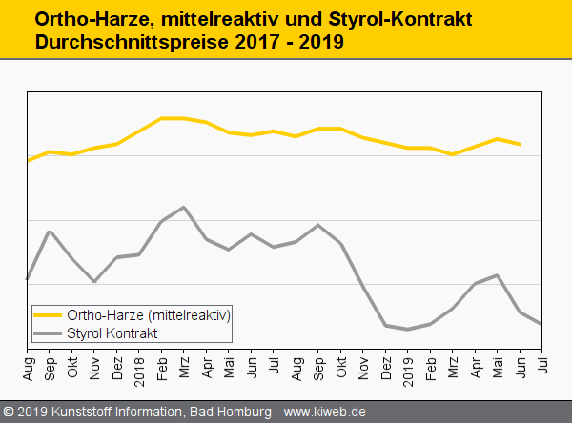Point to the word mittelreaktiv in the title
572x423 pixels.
pyautogui.click(x=210, y=19)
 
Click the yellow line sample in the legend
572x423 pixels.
pyautogui.click(x=48, y=314)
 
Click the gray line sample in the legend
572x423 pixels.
pyautogui.click(x=48, y=332)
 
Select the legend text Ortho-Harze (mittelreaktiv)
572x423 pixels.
pyautogui.click(x=149, y=314)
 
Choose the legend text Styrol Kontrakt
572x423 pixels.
pyautogui.click(x=112, y=332)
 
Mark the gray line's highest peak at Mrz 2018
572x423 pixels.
pyautogui.click(x=183, y=207)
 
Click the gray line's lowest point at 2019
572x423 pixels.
pyautogui.click(x=407, y=330)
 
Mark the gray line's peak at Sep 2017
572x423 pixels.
pyautogui.click(x=50, y=232)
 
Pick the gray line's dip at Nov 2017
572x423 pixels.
pyautogui.click(x=93, y=282)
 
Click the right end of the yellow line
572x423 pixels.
pyautogui.click(x=520, y=144)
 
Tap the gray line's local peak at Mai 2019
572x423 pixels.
pyautogui.click(x=497, y=275)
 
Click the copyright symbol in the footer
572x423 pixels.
pyautogui.click(x=9, y=413)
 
